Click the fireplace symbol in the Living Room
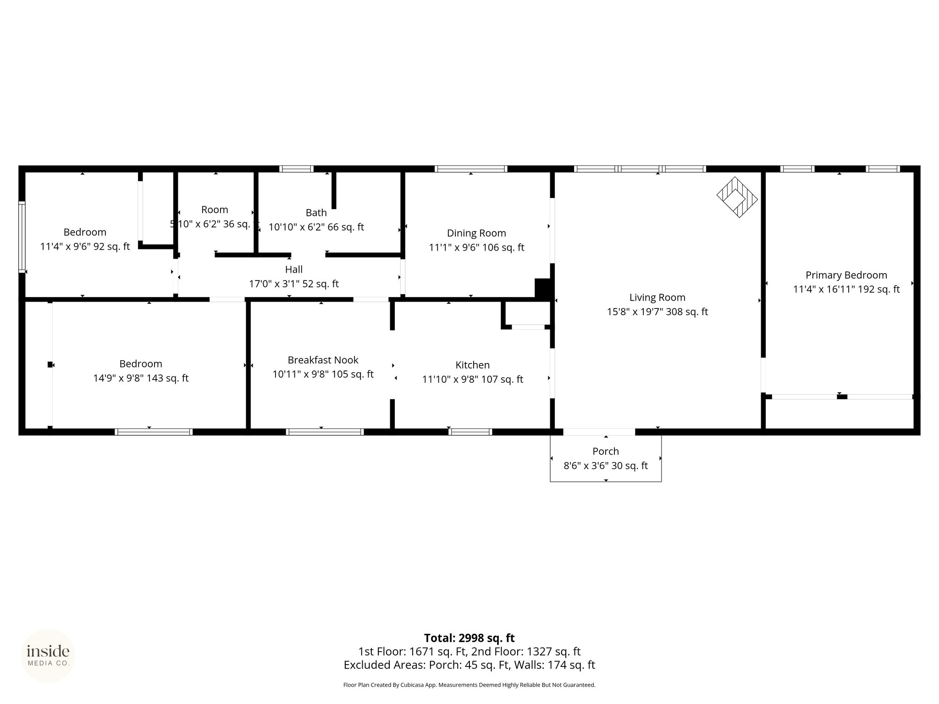737,197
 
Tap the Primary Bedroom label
846,275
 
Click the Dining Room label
476,233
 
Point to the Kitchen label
472,365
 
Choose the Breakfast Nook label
323,360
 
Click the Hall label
294,269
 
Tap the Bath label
316,212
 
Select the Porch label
606,451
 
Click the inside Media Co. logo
48,655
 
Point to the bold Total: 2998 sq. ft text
469,638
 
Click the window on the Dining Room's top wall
471,169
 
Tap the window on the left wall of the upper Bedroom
22,237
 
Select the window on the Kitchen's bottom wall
470,432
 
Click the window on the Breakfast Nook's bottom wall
325,432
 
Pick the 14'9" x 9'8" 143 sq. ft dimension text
141,378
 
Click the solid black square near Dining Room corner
543,289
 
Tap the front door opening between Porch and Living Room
599,432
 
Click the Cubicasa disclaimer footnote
469,685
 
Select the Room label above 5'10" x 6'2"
215,209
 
